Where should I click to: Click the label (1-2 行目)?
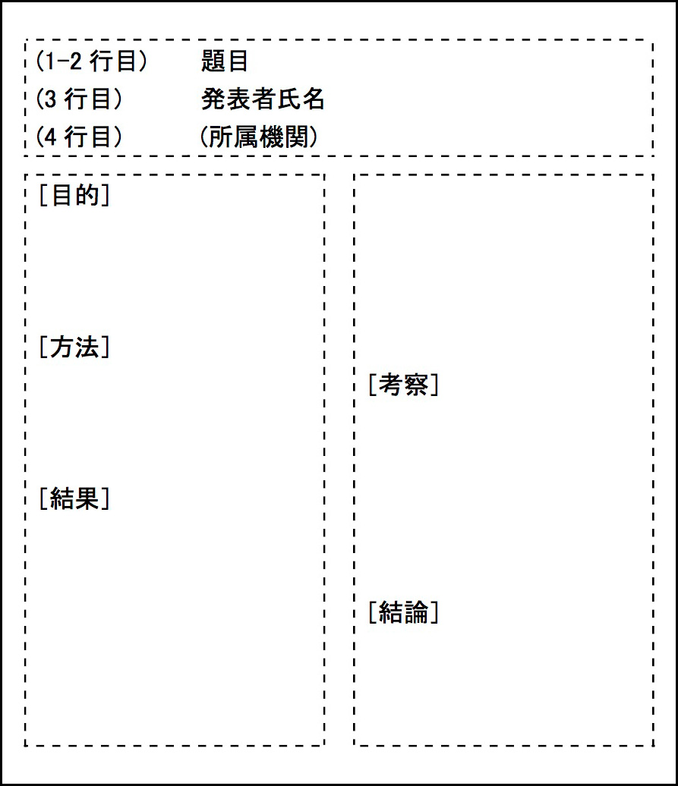(x=91, y=61)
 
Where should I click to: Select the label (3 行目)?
(x=79, y=99)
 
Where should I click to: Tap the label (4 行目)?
(x=79, y=137)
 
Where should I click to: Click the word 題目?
(x=224, y=61)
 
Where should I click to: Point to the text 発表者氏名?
(x=263, y=99)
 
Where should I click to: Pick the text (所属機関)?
(x=259, y=137)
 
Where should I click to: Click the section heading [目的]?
(x=74, y=195)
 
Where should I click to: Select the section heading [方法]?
(x=74, y=347)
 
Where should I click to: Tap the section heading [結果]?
(x=74, y=498)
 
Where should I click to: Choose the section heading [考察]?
(x=404, y=385)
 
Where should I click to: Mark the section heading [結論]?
(x=404, y=612)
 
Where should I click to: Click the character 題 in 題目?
(x=212, y=61)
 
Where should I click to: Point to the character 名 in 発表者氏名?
(x=314, y=99)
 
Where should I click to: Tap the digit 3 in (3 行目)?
(x=50, y=99)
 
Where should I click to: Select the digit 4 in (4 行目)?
(x=50, y=137)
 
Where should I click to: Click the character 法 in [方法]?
(x=87, y=347)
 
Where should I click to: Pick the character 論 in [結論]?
(x=416, y=612)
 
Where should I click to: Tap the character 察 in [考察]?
(x=416, y=385)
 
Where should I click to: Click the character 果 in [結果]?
(x=87, y=498)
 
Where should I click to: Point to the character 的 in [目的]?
(x=87, y=195)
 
